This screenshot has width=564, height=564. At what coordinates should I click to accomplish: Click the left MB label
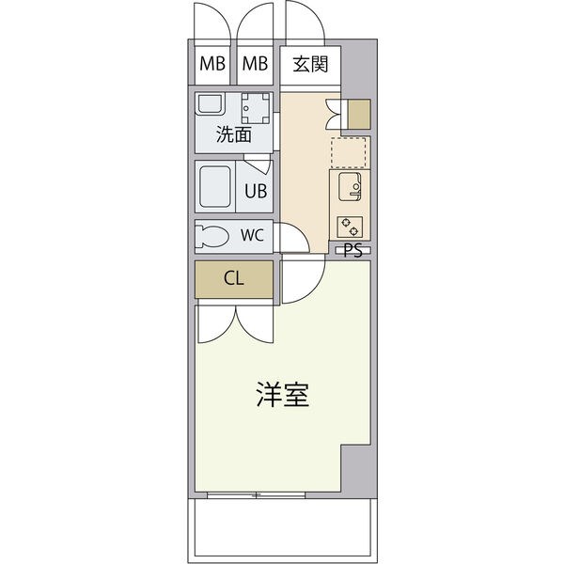(x=212, y=64)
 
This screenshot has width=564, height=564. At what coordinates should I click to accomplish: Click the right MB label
(x=255, y=64)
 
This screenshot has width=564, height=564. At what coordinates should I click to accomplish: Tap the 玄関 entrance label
(x=310, y=65)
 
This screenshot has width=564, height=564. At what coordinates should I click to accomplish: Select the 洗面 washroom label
(x=233, y=134)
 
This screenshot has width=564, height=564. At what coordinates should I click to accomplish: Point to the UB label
(x=256, y=191)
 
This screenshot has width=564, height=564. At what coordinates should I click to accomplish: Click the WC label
(x=252, y=235)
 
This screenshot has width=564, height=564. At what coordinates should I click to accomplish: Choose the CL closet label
(x=234, y=278)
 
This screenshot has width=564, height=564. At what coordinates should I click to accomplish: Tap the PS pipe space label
(x=353, y=251)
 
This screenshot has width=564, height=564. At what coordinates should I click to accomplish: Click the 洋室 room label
(x=283, y=395)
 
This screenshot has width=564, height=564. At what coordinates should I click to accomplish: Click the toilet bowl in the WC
(x=211, y=236)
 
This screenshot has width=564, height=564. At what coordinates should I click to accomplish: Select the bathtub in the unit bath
(x=215, y=186)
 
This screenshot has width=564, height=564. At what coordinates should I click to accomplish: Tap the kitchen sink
(x=350, y=186)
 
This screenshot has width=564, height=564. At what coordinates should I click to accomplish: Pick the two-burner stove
(x=350, y=227)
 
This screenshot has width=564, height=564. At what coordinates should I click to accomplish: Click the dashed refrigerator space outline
(x=349, y=152)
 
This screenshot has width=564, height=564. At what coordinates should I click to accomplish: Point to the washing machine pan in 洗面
(x=256, y=108)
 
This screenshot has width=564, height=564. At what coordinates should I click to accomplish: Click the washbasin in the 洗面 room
(x=210, y=104)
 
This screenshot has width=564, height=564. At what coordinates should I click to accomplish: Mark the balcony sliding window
(x=256, y=495)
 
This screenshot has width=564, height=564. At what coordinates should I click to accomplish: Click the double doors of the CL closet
(x=236, y=323)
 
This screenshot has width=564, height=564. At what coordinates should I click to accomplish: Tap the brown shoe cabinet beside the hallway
(x=359, y=114)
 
